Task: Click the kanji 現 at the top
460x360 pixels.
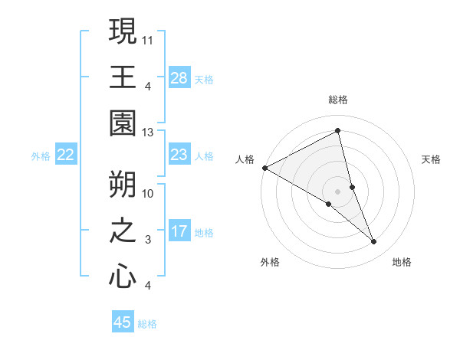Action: [123, 32]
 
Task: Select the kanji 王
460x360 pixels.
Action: [123, 77]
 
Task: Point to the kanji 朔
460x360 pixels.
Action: [123, 185]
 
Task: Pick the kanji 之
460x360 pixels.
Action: [123, 231]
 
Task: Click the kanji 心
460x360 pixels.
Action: [123, 276]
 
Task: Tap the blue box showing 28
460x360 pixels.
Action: [179, 77]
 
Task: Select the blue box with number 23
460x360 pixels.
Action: [179, 155]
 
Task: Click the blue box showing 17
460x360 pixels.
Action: [179, 231]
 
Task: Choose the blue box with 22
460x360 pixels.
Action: [66, 155]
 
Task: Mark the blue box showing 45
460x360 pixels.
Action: [123, 322]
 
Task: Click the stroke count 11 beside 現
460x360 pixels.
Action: [148, 38]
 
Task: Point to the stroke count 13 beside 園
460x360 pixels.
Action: [148, 133]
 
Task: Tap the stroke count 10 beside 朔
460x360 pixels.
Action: [148, 194]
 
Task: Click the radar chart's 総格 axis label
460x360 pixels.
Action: [337, 100]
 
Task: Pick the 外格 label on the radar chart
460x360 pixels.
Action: [270, 262]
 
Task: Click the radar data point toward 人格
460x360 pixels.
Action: [264, 168]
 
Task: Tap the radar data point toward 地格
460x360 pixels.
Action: [374, 242]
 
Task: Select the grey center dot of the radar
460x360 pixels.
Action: [337, 191]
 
